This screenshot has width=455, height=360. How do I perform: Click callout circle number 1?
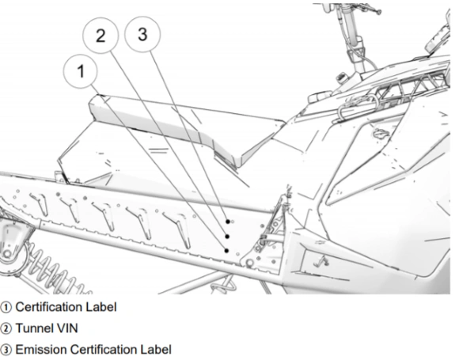pos(81,71)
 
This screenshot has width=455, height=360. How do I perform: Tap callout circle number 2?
pos(100,36)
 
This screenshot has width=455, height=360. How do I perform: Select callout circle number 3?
pos(142,34)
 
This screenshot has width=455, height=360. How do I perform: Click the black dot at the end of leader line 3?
pos(228,222)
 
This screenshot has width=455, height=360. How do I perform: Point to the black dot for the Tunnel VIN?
pos(227,237)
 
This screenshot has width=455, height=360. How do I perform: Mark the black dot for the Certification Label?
pos(226,250)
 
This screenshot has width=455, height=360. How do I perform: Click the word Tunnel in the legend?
pos(32,328)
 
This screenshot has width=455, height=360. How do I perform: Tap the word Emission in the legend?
pos(40,350)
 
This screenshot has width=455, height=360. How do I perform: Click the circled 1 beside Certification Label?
pos(6,308)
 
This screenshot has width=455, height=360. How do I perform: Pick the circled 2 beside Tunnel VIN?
pos(6,328)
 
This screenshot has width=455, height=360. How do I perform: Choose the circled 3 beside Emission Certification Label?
pos(6,350)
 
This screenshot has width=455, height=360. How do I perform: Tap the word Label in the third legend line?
pos(156,350)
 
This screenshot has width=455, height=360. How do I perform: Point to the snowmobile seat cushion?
pos(186,127)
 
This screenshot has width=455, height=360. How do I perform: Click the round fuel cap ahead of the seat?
pos(320,97)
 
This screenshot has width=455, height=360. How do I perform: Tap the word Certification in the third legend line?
pos(104,350)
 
